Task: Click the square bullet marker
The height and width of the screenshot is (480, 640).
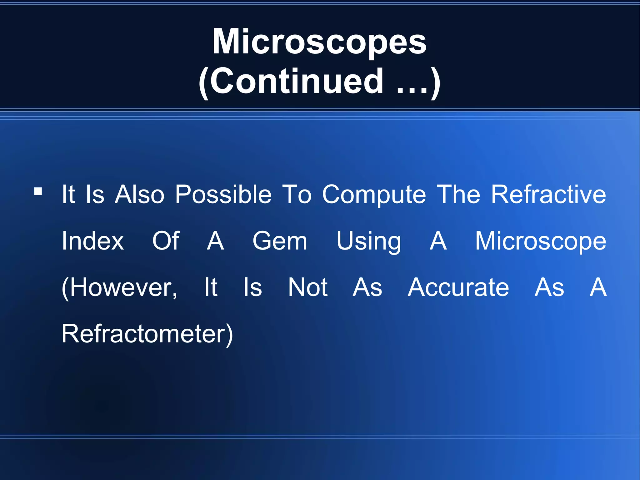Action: (38, 191)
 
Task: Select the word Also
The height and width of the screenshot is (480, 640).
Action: (139, 195)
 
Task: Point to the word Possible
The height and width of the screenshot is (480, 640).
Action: (223, 195)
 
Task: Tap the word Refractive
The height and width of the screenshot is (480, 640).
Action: (548, 195)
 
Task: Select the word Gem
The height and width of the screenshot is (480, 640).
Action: (280, 241)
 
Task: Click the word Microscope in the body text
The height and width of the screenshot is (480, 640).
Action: (541, 241)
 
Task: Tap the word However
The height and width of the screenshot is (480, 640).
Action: (122, 288)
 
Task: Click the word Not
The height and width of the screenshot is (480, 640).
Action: (308, 288)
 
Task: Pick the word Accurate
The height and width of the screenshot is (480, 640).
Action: (458, 288)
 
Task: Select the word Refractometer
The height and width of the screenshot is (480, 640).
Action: (144, 334)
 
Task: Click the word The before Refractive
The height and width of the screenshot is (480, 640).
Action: (458, 195)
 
